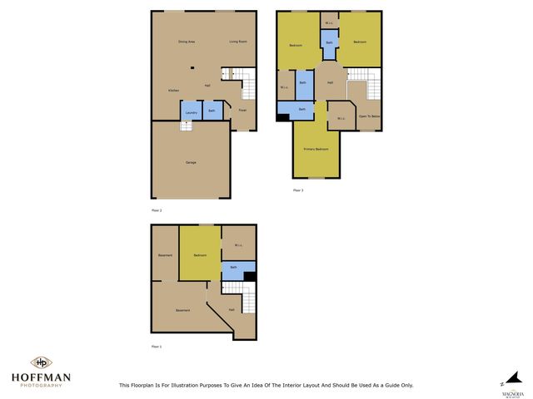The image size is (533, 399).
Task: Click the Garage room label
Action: (190, 161)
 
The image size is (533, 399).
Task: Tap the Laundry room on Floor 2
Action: (191, 111)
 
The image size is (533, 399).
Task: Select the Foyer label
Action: (242, 110)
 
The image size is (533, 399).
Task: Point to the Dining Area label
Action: (186, 42)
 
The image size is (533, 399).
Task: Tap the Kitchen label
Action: (173, 90)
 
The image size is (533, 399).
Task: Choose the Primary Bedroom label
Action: (316, 149)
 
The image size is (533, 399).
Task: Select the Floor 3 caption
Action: (297, 190)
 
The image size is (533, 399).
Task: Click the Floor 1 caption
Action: (156, 346)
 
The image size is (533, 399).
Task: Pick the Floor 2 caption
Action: (156, 210)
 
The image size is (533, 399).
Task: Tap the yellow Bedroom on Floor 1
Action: (200, 255)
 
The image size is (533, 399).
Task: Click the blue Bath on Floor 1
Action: (233, 268)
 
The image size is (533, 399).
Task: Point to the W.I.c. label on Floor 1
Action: (238, 244)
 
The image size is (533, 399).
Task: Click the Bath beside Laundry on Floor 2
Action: (212, 111)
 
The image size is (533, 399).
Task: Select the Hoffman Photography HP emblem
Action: (41, 362)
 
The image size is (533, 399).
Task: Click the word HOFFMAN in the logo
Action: (41, 377)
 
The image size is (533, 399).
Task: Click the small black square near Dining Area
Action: (192, 68)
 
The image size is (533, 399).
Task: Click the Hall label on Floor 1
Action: (231, 309)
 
